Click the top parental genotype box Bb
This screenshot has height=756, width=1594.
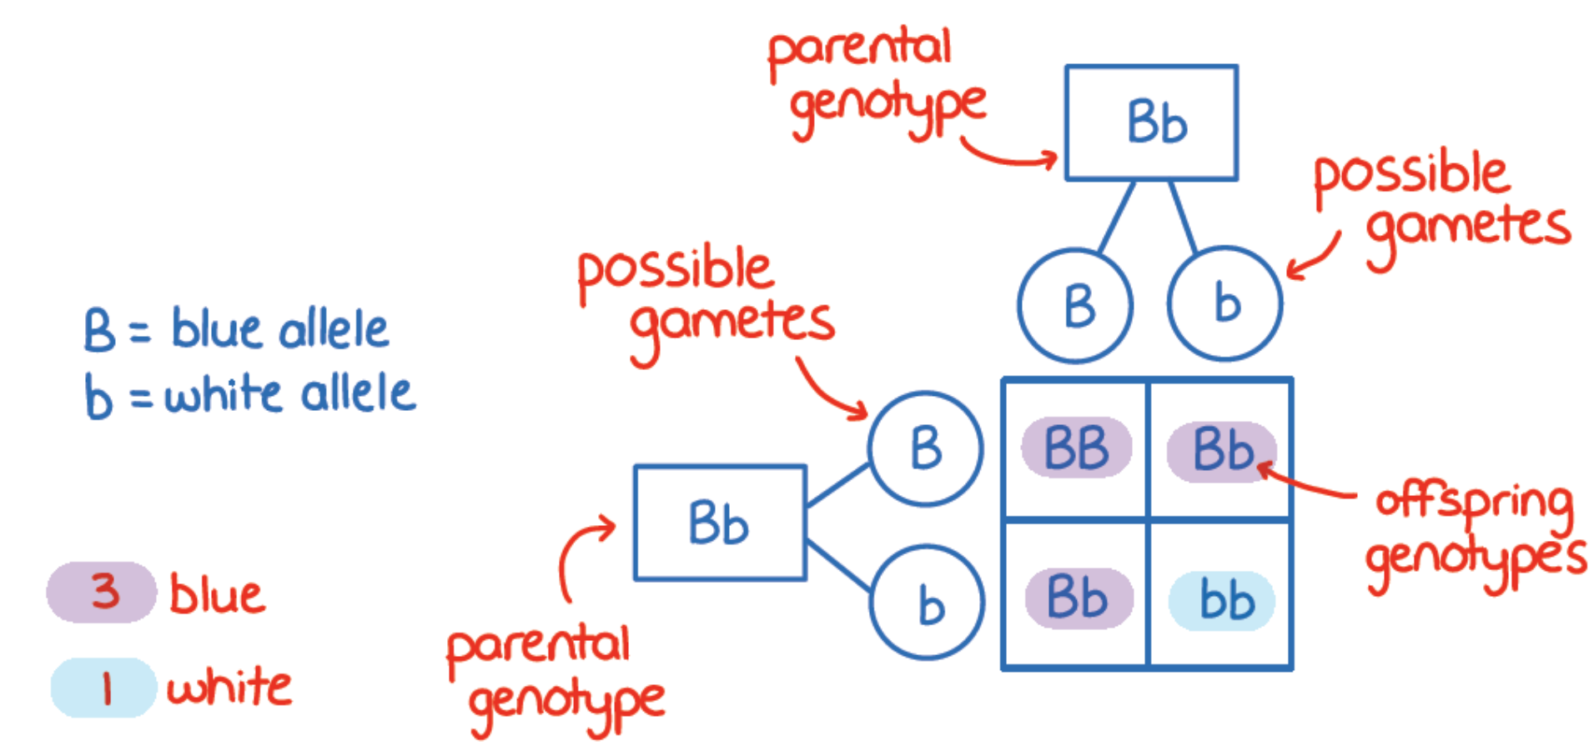coord(1151,123)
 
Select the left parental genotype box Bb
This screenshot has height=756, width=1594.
coord(720,523)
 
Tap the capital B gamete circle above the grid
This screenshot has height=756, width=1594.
coord(1075,305)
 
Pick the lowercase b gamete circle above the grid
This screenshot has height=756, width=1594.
coord(1224,303)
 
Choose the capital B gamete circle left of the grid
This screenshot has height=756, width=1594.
coord(926,448)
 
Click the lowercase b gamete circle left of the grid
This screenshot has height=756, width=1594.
coord(928,603)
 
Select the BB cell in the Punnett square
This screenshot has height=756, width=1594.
coord(1076,448)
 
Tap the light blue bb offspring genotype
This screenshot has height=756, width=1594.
coord(1224,600)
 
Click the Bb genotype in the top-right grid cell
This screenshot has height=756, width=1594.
coord(1220,450)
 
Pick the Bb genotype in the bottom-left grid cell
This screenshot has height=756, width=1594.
coord(1078,598)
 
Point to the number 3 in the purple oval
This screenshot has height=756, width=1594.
coord(105,591)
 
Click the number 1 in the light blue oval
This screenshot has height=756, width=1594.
coord(106,688)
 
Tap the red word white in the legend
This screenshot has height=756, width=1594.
coord(229,688)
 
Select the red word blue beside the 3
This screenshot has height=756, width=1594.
coord(217,594)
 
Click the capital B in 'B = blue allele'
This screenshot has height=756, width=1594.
coord(98,330)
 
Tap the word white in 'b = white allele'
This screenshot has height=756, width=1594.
coord(224,394)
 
